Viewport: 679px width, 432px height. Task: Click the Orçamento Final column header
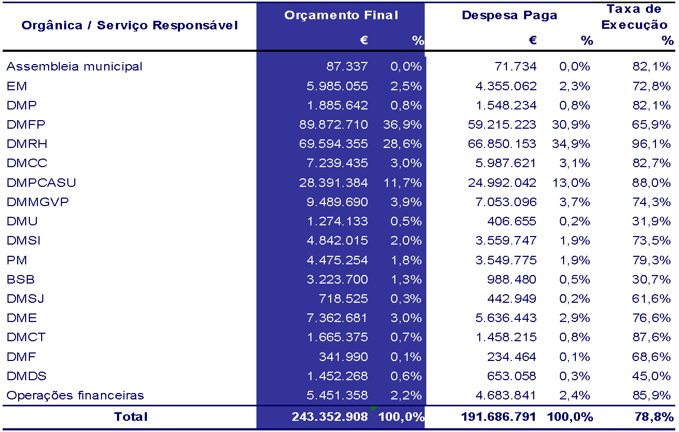click(341, 15)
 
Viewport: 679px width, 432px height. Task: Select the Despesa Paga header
click(510, 15)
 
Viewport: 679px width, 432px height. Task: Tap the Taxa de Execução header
click(634, 17)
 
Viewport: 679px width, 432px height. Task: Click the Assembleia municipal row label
click(74, 66)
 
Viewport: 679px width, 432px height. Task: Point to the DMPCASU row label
click(41, 183)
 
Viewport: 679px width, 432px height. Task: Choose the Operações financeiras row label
click(75, 395)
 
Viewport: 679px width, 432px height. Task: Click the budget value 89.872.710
click(333, 124)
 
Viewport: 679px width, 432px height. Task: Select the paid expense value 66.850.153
click(502, 144)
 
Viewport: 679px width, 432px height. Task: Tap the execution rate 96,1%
click(651, 144)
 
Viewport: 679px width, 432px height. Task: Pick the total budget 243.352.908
click(330, 417)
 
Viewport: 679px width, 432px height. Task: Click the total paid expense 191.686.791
click(498, 417)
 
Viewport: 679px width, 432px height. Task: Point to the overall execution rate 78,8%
click(654, 417)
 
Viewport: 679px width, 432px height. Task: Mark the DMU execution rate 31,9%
click(651, 222)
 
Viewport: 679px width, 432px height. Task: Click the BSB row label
click(21, 279)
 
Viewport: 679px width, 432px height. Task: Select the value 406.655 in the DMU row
click(512, 222)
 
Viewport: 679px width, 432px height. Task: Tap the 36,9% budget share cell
click(402, 124)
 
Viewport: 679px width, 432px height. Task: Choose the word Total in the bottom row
click(131, 417)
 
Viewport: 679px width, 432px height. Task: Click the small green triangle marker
click(373, 409)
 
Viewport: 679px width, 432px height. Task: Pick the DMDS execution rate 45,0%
click(651, 376)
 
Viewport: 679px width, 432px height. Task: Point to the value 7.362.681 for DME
click(337, 318)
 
